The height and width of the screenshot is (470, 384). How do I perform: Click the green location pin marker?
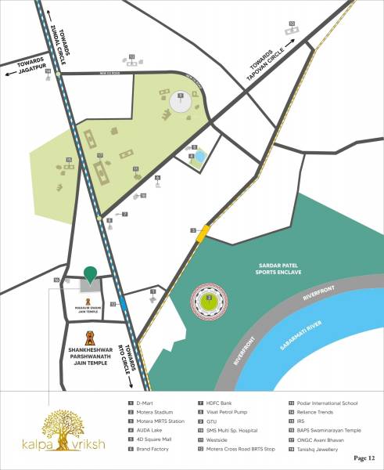[92, 274]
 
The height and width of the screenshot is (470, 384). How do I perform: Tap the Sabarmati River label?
[318, 338]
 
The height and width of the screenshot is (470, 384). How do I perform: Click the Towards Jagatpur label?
[24, 68]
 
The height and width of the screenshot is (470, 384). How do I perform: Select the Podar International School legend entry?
[327, 403]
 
